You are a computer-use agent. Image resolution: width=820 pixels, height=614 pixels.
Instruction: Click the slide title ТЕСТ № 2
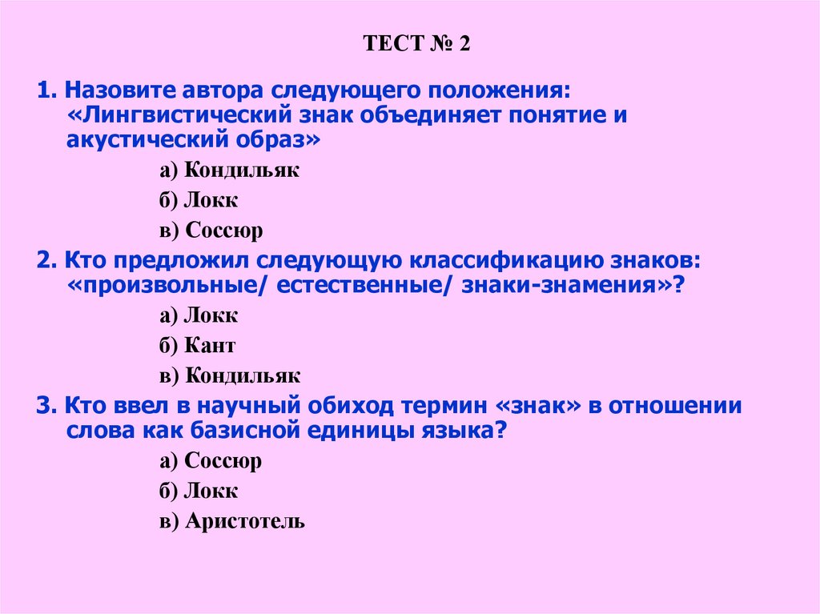(416, 43)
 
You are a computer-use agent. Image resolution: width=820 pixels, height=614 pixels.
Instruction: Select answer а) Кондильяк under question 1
(229, 170)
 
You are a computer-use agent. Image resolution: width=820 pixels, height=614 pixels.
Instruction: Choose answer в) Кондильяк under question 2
(229, 376)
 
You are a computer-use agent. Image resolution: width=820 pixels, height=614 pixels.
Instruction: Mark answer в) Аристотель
(231, 522)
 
